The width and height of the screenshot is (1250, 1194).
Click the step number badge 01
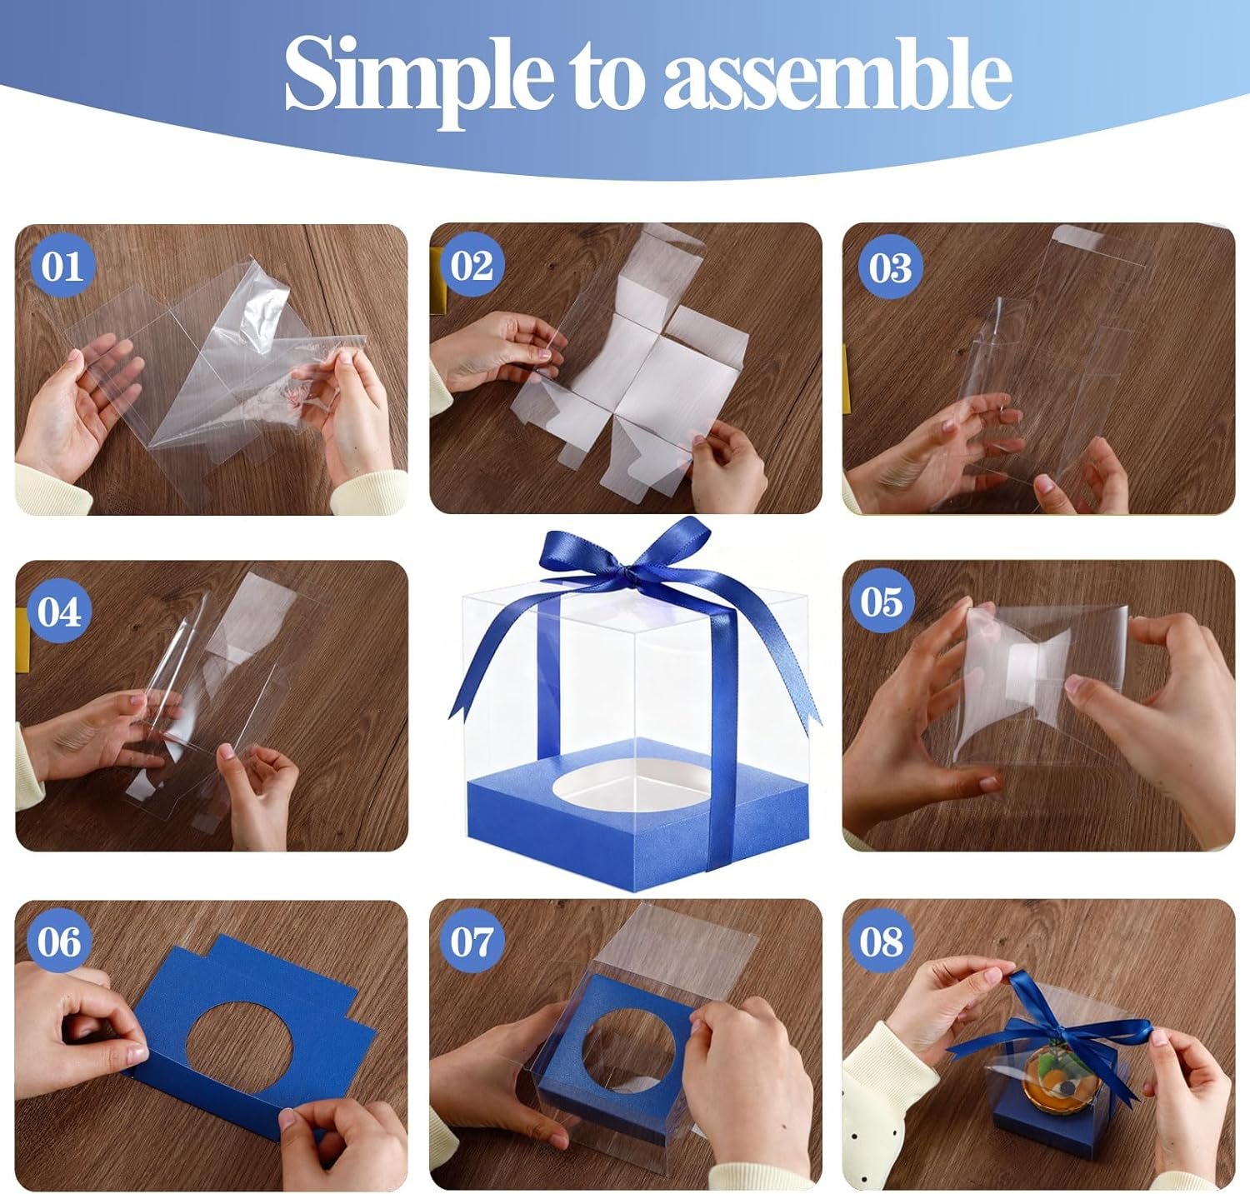point(62,267)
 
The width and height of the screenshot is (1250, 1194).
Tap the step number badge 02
point(472,266)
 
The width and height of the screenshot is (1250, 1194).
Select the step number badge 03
point(890,267)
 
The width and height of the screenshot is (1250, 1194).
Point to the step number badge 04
point(59,612)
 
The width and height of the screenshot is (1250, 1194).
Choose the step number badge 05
point(882,601)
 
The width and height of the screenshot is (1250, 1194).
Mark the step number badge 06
point(59,942)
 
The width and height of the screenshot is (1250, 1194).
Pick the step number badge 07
point(472,942)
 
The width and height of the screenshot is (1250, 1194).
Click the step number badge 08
point(882,942)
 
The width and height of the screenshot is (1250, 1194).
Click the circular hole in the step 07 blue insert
point(635,1052)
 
